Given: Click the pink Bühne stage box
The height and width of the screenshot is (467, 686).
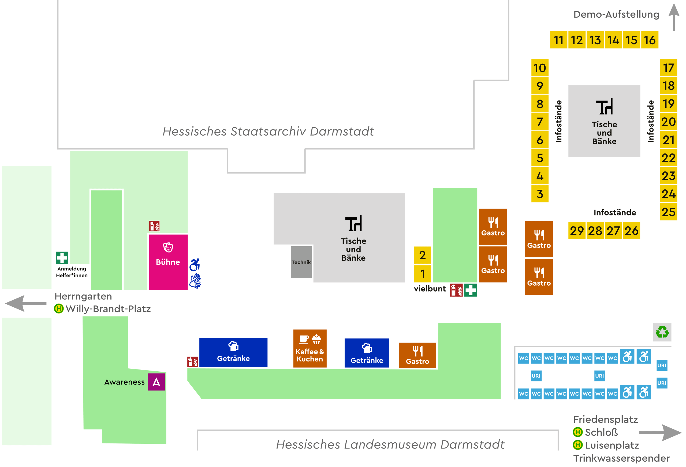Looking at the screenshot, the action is click(168, 262).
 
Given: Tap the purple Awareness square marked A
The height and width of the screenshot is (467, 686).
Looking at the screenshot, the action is click(156, 382).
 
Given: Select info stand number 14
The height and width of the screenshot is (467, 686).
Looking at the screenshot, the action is click(613, 40).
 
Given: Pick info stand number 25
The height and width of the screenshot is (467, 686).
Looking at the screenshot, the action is click(668, 212).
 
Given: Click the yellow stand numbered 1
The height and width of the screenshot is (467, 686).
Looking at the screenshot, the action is click(422, 274).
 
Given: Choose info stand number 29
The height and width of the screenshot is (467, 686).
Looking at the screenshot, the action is click(577, 230).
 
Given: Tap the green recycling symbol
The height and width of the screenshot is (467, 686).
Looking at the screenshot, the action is click(662, 332).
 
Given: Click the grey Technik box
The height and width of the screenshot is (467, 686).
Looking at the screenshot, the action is click(301, 262).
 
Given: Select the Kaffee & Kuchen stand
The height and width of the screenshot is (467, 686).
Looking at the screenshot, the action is click(310, 348).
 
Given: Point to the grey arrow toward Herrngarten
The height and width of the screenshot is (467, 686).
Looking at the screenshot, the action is click(26, 303).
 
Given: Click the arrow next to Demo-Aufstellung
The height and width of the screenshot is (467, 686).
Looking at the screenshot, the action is click(674, 17).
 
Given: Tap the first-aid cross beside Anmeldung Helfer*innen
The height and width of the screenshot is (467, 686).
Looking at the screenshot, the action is click(62, 258).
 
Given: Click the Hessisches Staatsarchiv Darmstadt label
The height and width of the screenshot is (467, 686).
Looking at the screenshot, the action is click(268, 131).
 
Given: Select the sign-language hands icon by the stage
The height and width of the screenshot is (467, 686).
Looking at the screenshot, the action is click(195, 281).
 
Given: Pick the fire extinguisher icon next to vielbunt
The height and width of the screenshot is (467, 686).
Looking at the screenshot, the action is click(456, 290).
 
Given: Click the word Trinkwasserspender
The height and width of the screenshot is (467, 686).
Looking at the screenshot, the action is click(621, 458).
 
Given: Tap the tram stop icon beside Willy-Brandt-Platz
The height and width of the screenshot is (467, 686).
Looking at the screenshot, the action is click(59, 309).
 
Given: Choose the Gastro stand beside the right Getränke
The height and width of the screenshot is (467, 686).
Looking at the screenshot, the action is click(417, 355).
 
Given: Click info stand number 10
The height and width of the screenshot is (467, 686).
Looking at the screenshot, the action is click(540, 68).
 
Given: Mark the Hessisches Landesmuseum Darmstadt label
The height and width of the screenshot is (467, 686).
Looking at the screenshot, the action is click(390, 444).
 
